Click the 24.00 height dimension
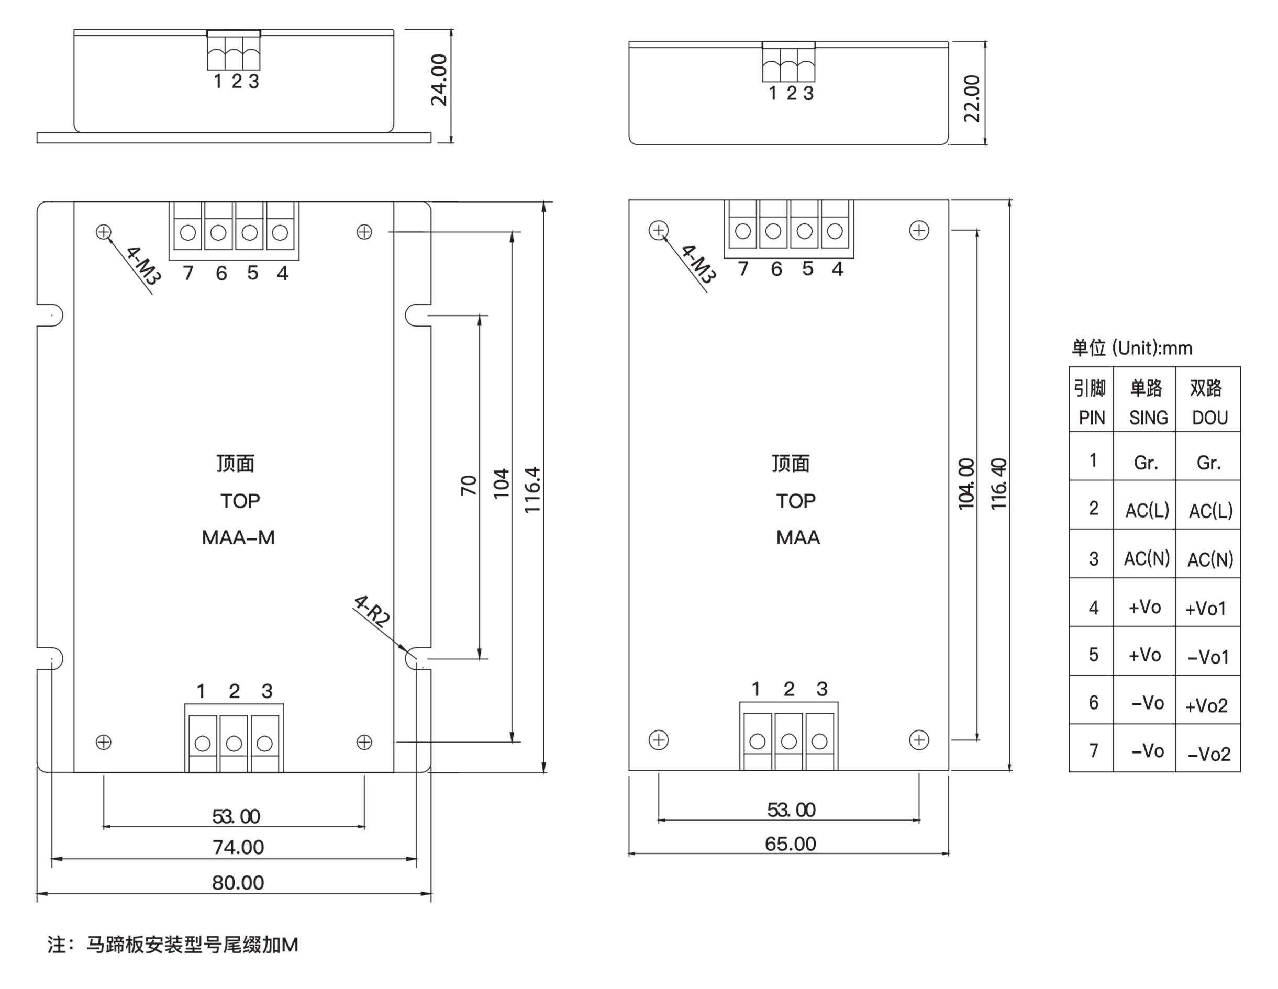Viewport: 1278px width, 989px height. pos(439,80)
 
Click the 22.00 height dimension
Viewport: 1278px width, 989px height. pos(972,99)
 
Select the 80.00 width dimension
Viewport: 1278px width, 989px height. pos(238,883)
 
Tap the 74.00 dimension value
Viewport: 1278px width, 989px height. pos(238,847)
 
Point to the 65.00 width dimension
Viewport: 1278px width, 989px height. pos(790,844)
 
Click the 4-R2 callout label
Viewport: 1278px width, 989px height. pos(372,611)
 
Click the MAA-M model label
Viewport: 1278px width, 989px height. pos(238,537)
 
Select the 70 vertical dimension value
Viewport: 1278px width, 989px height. pos(469,486)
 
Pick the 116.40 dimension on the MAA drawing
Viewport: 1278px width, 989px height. pos(999,484)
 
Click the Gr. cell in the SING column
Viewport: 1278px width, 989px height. pos(1146,463)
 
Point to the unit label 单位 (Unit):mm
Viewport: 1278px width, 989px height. pos(1132,348)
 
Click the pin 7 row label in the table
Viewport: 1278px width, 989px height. pos(1094,750)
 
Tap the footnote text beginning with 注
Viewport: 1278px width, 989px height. pos(173,945)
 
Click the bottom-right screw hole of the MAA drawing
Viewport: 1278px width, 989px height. pos(919,740)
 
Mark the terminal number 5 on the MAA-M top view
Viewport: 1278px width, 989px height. pos(252,273)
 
